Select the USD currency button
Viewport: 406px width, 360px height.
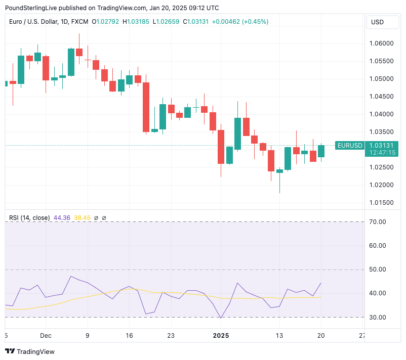(x=378, y=22)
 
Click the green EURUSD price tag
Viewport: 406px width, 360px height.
(x=349, y=146)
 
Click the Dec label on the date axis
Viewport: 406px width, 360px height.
(x=46, y=335)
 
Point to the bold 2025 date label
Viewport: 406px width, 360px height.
(x=221, y=335)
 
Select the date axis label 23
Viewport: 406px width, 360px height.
(x=171, y=335)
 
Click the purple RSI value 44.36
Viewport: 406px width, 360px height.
(x=62, y=218)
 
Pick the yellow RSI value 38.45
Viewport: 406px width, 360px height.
(x=82, y=218)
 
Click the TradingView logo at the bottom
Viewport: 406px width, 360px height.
(x=30, y=351)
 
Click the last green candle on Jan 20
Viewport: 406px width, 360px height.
(x=321, y=151)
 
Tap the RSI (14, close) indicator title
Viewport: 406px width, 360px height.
(x=29, y=218)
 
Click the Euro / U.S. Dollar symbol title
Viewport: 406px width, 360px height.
(x=33, y=22)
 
